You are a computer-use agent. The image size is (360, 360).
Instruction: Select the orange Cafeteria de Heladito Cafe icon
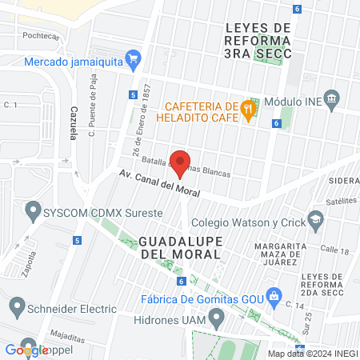click(249, 111)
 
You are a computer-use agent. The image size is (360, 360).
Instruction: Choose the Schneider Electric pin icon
click(17, 306)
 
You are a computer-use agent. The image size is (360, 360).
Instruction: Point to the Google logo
click(26, 350)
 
